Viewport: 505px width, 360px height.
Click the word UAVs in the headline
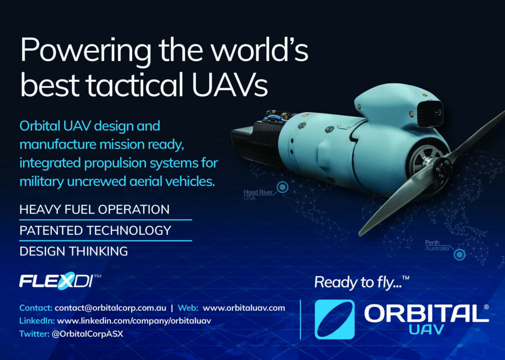pos(230,84)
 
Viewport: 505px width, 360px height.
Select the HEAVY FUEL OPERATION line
pos(94,210)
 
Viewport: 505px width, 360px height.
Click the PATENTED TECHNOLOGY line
pos(95,231)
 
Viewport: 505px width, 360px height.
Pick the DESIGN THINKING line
pos(73,251)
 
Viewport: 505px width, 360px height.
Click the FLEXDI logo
pos(60,281)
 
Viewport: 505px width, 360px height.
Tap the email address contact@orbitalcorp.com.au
pos(110,308)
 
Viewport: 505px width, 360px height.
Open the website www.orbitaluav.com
pos(244,308)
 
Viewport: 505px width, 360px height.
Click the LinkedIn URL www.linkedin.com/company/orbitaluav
pos(134,321)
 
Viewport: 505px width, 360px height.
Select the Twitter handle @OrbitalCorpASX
pos(88,334)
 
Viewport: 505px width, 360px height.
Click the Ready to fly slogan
pos(361,283)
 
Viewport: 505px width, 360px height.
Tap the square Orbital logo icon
pos(335,320)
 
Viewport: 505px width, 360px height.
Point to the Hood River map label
pos(258,194)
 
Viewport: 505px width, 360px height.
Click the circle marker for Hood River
pos(283,187)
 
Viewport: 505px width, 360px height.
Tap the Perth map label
pos(437,246)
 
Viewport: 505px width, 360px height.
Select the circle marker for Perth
pos(460,254)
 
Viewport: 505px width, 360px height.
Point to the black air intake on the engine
pos(430,113)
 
